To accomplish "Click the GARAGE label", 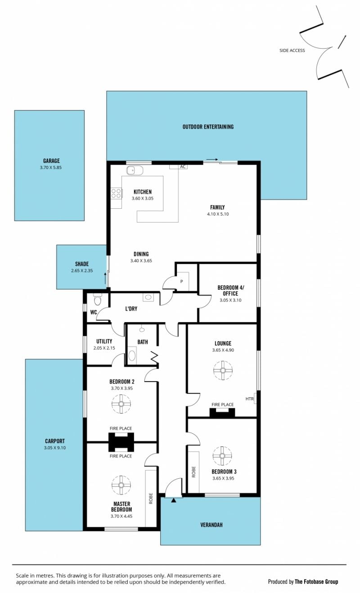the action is coord(51,161).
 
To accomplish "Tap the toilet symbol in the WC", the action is coord(97,299).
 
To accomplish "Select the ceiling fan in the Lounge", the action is coord(223,370).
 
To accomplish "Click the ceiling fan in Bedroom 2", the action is coord(121,404).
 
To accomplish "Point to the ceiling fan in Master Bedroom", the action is coord(121,485).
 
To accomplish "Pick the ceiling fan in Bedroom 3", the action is coord(222,456).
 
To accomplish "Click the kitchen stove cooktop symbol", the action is coord(116,193).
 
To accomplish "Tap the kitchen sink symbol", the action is coord(135,171).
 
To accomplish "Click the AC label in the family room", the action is coord(183,166).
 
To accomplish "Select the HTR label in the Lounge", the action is coord(250,399).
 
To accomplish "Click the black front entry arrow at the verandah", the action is coord(173,500).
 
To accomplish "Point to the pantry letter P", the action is coord(182,281).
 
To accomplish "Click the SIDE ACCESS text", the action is coord(292,50).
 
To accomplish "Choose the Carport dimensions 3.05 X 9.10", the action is coord(55,448).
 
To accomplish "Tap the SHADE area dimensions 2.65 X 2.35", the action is coord(82,270).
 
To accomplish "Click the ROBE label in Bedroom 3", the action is coord(193,472).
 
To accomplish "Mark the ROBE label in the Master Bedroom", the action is coord(151,498).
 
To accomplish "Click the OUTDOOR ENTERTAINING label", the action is coord(208,127).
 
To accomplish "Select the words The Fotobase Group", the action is coord(316,582).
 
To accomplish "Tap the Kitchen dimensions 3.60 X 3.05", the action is coord(142,198).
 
